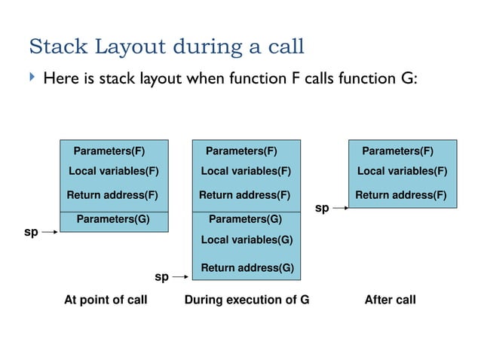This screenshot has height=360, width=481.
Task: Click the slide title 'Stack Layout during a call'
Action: pos(166,47)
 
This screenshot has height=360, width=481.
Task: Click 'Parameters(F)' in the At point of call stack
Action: pos(109,150)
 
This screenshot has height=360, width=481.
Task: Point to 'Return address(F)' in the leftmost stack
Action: pos(112,196)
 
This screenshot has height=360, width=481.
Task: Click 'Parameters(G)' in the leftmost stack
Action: pos(113,220)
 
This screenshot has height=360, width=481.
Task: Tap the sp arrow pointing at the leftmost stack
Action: pos(48,233)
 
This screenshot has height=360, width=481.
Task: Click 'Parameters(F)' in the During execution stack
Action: pos(241,150)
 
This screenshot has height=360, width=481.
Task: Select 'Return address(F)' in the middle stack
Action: pos(244,196)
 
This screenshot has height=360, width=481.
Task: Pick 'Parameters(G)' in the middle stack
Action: pos(245,220)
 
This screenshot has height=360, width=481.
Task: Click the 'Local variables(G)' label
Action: pos(247,239)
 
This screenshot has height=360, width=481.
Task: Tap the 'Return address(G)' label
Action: pos(247,267)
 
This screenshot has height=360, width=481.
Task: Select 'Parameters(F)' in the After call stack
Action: pos(398,150)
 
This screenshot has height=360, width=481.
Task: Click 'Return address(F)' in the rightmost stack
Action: pos(401,196)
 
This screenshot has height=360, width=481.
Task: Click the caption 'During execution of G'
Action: pos(247,300)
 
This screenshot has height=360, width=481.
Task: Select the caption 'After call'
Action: pos(390,300)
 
